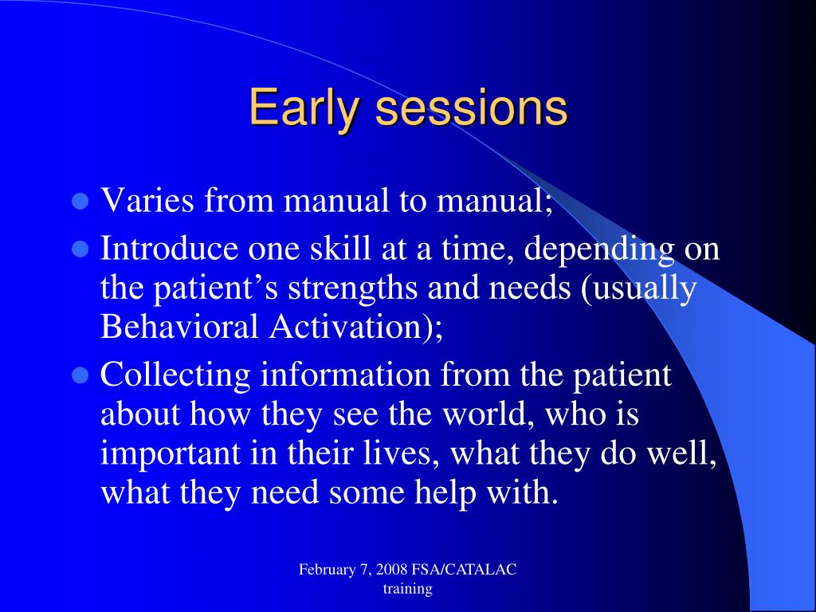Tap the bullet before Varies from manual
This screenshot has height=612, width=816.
pos(79,201)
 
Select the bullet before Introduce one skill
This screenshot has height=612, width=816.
pos(79,249)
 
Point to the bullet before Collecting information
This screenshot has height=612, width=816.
pos(79,376)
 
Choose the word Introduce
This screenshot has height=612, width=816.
pos(169,249)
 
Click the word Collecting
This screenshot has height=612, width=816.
pos(175,376)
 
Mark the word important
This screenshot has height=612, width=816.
pos(171,454)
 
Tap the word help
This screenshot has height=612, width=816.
pos(444,493)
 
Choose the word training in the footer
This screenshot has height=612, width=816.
pos(408,590)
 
